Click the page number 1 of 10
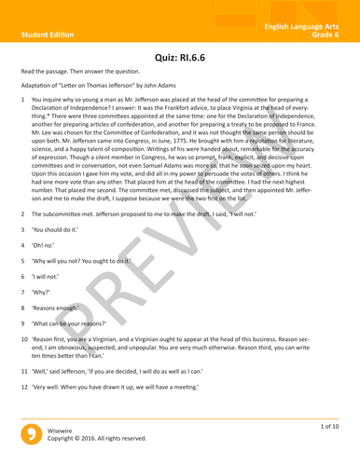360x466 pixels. pyautogui.click(x=327, y=427)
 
